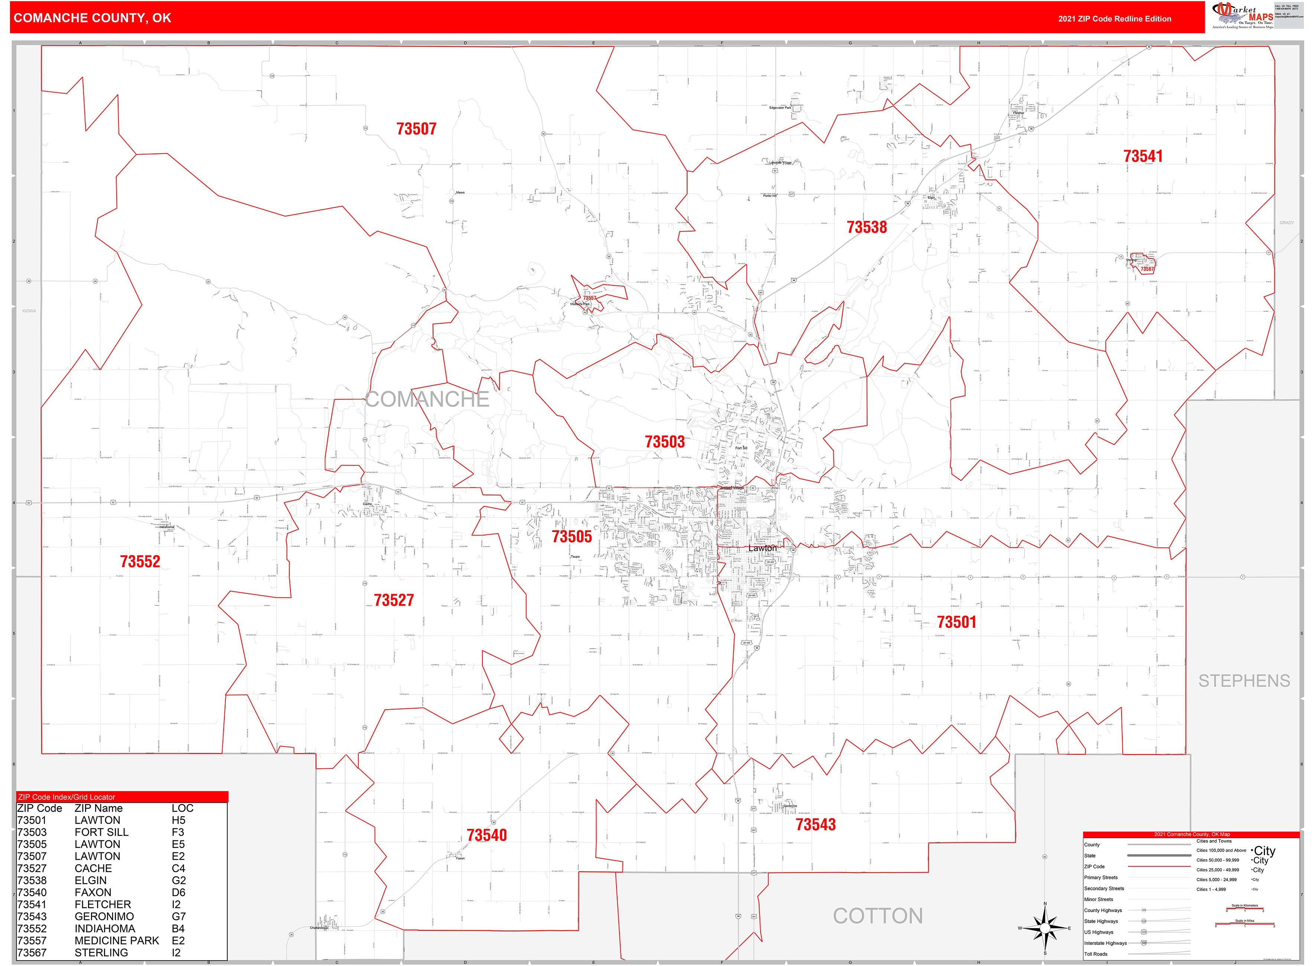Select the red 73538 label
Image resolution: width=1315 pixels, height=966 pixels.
pos(867,227)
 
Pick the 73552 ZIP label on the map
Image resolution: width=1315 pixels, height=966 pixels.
pos(140,561)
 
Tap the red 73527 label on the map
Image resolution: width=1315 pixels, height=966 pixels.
pos(393,600)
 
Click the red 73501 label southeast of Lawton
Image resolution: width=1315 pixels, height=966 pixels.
pos(956,622)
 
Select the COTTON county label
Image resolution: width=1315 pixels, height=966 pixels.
pos(878,916)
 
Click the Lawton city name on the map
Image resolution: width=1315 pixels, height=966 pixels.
pos(763,548)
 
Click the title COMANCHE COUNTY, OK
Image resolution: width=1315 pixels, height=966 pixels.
pos(92,18)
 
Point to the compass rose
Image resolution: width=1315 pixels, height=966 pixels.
pos(1045,928)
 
